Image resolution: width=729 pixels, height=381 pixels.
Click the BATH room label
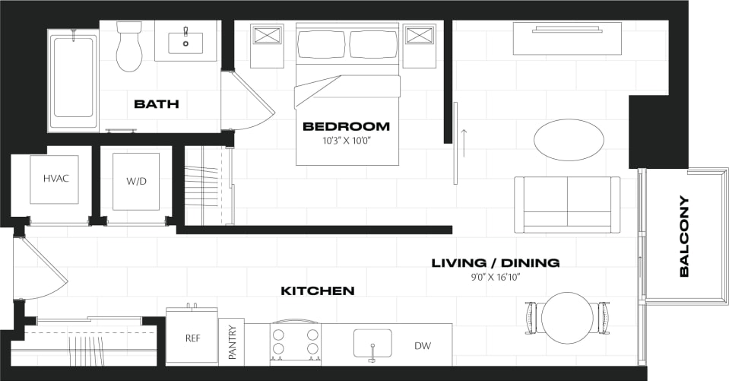(156, 103)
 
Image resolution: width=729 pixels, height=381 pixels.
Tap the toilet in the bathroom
(130, 46)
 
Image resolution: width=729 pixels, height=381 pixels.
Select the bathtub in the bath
(73, 78)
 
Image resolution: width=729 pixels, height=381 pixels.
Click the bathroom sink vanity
(185, 41)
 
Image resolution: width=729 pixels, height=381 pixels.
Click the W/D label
(136, 181)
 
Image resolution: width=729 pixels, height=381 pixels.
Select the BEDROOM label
(346, 126)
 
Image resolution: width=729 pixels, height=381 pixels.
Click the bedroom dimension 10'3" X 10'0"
(346, 141)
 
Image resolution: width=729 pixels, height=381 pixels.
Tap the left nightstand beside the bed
(267, 36)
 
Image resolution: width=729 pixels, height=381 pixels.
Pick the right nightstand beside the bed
(419, 36)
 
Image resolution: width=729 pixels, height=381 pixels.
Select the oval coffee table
(569, 139)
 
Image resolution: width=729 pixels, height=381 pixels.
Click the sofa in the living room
(567, 203)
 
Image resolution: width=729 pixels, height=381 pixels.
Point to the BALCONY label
(684, 236)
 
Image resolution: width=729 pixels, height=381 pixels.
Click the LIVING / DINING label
(496, 263)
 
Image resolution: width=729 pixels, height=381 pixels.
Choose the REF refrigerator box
(192, 338)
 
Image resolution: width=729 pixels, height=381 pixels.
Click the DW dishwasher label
(423, 346)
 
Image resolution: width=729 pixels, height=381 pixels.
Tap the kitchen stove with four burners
(294, 341)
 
